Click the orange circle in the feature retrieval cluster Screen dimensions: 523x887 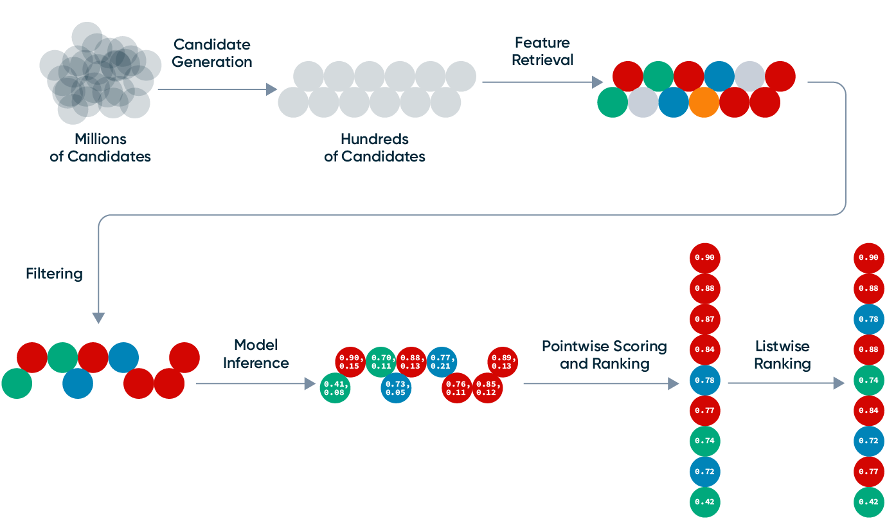coord(704,102)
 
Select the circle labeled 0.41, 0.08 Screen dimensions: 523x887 coord(336,388)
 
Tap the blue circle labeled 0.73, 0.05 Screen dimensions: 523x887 coord(397,388)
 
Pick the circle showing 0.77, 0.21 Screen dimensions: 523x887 coord(442,362)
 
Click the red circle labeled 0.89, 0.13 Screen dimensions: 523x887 coord(503,362)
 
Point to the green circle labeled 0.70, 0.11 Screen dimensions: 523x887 coord(381,362)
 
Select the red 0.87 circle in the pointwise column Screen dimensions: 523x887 coord(705,319)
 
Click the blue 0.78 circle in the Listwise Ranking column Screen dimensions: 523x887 coord(869,319)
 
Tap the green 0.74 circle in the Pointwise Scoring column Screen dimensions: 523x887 coord(705,441)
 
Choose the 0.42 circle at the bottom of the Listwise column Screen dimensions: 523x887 coord(869,502)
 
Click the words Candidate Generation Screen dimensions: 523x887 coord(212,53)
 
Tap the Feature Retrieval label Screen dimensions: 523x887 coord(543,51)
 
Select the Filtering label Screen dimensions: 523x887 coord(55,273)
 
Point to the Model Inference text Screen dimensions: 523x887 coord(256,354)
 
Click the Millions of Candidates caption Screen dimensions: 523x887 coord(100,147)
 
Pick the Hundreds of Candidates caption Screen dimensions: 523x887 coord(375,147)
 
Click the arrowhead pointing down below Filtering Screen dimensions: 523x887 coord(98,318)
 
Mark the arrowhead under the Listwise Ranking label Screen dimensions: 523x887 coord(839,383)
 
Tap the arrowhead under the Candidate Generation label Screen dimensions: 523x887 coord(272,89)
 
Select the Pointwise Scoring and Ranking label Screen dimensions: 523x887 coord(604,355)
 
